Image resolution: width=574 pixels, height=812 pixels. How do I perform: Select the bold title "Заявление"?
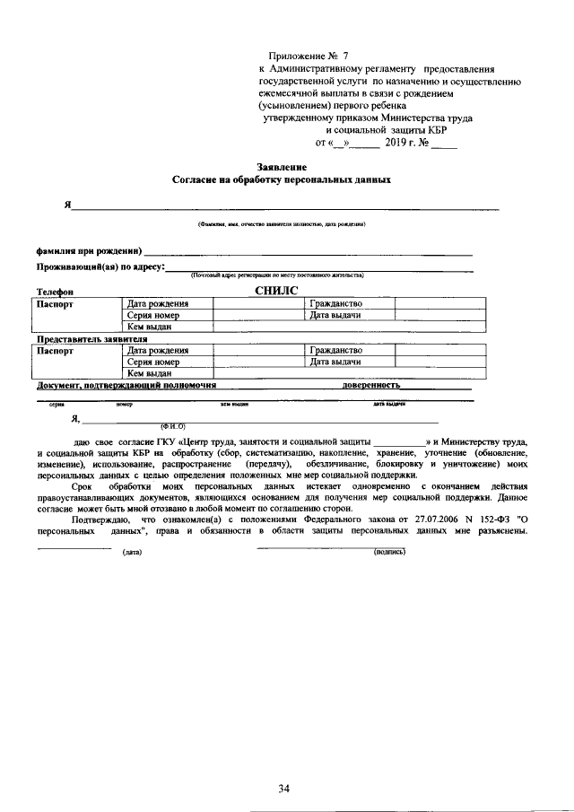click(281, 167)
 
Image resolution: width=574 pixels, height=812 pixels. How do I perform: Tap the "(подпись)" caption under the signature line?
click(389, 552)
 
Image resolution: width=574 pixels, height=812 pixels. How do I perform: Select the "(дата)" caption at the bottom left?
click(133, 552)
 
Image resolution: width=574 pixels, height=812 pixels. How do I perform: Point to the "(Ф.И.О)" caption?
click(171, 426)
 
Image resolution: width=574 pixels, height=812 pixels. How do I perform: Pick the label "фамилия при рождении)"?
click(88, 249)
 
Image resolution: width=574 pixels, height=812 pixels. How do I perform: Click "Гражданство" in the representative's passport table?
click(335, 350)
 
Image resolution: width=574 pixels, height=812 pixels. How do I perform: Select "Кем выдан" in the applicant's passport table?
click(148, 327)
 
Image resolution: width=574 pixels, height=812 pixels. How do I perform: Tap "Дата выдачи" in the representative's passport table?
click(335, 362)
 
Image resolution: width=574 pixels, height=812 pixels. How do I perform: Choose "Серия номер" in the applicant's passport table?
click(153, 316)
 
